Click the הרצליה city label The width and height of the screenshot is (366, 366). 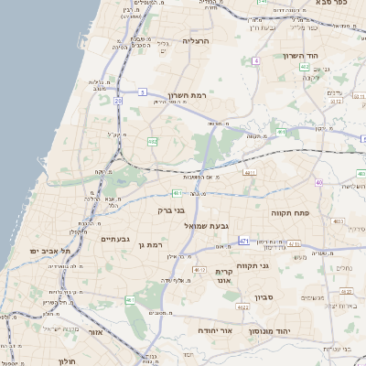click(197, 41)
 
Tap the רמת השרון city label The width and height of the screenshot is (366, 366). click(190, 96)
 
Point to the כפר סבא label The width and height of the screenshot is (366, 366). click(335, 4)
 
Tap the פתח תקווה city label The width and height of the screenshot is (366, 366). click(292, 212)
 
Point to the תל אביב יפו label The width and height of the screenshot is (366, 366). click(43, 251)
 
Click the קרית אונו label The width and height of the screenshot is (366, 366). click(226, 277)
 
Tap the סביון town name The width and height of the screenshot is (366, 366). click(265, 297)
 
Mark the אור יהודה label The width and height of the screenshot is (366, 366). click(216, 329)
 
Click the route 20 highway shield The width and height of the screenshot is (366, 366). click(118, 101)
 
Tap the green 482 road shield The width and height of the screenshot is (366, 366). click(153, 142)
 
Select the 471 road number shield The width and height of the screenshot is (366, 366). click(243, 241)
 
